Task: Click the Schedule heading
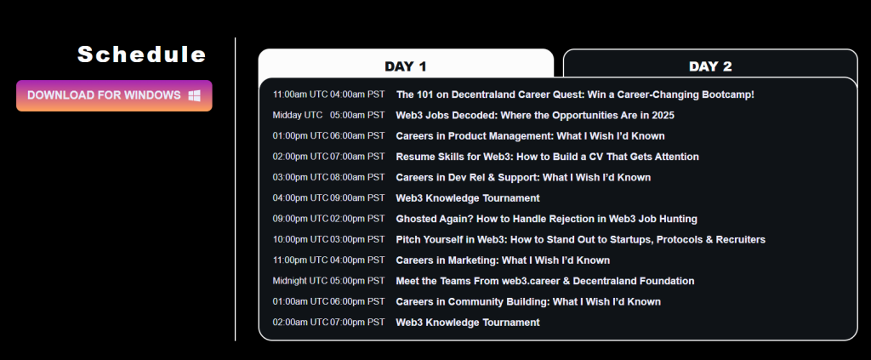[x=142, y=54]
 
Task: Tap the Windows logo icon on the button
[x=195, y=95]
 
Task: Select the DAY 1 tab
[x=406, y=66]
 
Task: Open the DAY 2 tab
[x=710, y=66]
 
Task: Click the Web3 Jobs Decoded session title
[x=535, y=116]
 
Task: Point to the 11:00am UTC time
[x=300, y=94]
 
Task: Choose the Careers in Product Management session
[x=530, y=136]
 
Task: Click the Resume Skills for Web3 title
[x=547, y=157]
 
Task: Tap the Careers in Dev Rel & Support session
[x=523, y=178]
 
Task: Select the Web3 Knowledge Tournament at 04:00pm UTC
[x=468, y=198]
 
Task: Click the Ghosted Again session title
[x=547, y=219]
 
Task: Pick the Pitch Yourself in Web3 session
[x=580, y=239]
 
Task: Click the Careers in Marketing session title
[x=503, y=260]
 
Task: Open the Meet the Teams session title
[x=545, y=281]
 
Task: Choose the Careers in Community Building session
[x=528, y=301]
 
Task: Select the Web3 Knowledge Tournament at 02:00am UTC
[x=468, y=323]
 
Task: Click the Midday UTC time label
[x=297, y=116]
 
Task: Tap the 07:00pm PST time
[x=357, y=323]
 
